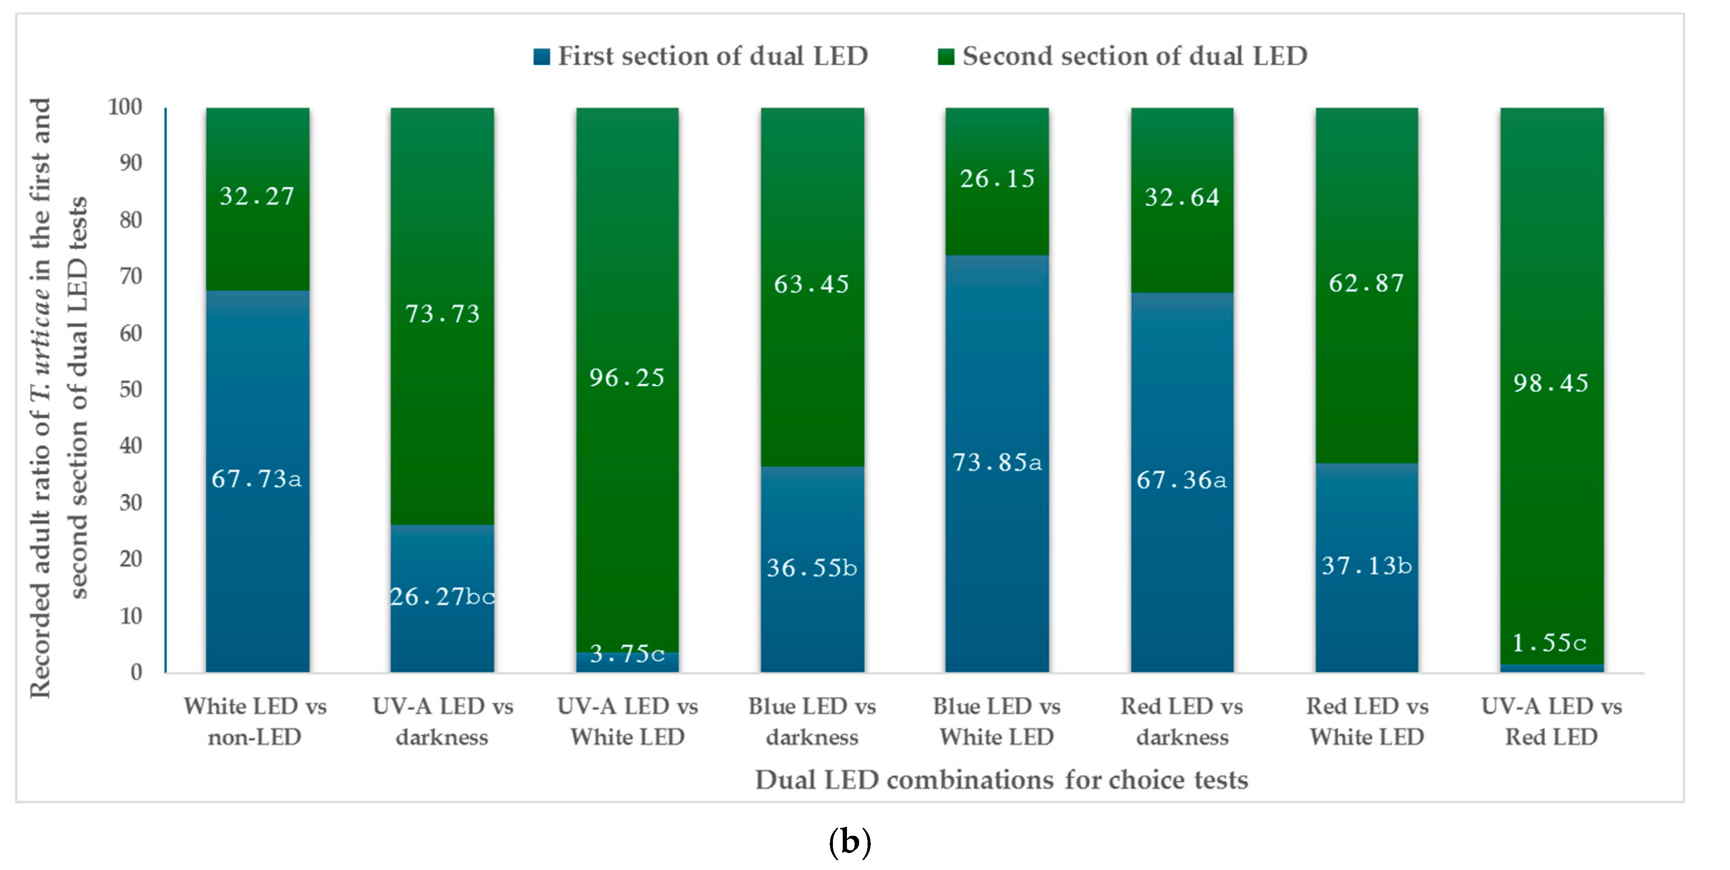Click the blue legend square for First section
(x=541, y=56)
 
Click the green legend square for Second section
(x=946, y=56)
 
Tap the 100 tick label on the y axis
(x=126, y=106)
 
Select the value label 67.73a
(x=257, y=478)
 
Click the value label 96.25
(x=627, y=378)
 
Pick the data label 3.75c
(x=627, y=653)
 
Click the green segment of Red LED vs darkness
(x=1182, y=200)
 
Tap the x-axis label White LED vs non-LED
(x=255, y=721)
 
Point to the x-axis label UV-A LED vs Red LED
(x=1552, y=721)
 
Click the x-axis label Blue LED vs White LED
(x=996, y=721)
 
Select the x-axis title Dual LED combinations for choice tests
(x=1002, y=780)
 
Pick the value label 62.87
(x=1366, y=283)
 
